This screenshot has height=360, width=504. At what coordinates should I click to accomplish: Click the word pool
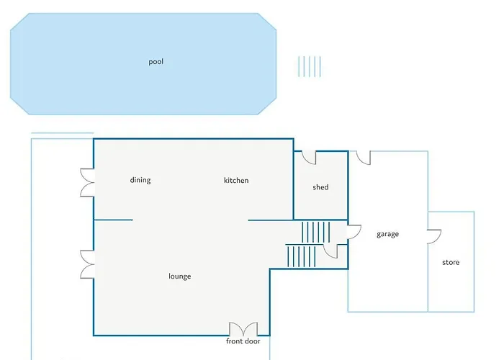coord(156,62)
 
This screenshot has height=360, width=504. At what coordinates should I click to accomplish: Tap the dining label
coord(140,180)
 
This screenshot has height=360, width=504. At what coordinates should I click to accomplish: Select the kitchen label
coord(236,180)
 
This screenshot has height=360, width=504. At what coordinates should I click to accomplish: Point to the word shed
coord(320,187)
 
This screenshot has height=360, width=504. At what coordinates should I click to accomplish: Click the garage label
coord(387,234)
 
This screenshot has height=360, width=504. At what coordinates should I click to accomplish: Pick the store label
coord(451,263)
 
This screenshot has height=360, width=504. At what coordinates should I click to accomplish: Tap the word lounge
coord(180,276)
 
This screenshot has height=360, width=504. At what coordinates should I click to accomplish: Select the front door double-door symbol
coord(243,328)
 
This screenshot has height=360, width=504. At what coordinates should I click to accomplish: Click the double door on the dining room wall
coord(87,182)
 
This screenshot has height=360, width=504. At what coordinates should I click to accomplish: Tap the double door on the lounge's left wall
coord(87,264)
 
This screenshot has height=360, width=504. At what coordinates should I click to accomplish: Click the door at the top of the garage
coord(361,157)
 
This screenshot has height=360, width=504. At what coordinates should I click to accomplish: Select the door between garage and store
coord(434,237)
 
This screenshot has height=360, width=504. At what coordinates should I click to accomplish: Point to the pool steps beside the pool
coord(310,66)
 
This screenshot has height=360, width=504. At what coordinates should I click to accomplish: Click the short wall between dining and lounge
coord(113,220)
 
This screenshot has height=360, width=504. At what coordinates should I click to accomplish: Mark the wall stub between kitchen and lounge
coord(270,220)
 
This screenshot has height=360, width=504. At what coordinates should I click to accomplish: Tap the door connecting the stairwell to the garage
coord(353,231)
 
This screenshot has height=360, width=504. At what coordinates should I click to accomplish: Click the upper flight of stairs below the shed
coord(315,232)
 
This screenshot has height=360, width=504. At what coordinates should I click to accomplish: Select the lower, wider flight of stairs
coord(302,256)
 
